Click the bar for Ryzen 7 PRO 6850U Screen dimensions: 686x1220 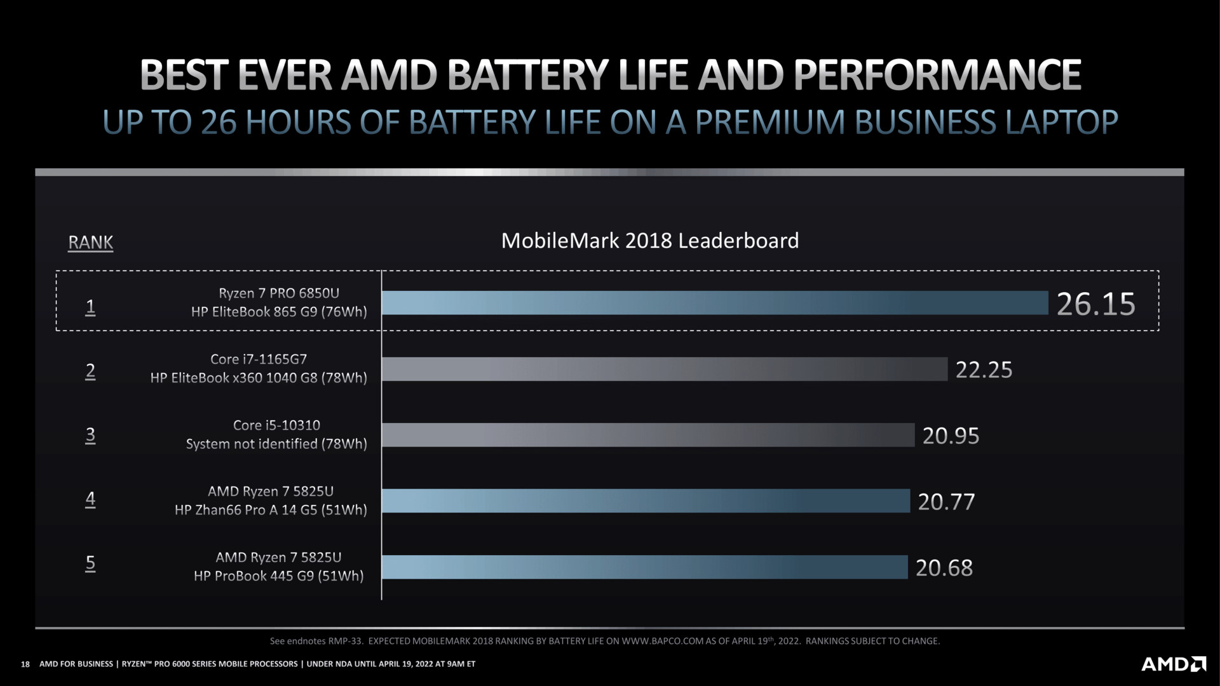[x=715, y=303]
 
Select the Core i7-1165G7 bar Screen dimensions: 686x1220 [x=665, y=369]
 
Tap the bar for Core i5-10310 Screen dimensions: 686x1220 [x=648, y=435]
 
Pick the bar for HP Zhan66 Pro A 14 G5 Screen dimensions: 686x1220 [x=646, y=501]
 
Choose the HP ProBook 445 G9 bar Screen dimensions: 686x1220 [x=644, y=567]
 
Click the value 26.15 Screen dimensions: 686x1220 [x=1095, y=304]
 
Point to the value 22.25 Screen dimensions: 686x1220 [x=984, y=370]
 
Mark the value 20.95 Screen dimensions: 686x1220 [x=951, y=436]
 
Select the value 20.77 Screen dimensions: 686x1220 [x=946, y=502]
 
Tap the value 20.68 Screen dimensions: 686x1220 [x=944, y=568]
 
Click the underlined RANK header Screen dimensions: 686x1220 [x=90, y=242]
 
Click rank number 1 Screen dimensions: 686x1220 [x=90, y=307]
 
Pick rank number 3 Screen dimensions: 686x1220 [x=90, y=435]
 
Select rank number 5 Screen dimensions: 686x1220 [x=90, y=563]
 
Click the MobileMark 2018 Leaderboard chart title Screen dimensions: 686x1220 [x=649, y=241]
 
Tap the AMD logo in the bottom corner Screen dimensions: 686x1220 [x=1174, y=664]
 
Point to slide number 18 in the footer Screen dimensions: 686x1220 [x=25, y=664]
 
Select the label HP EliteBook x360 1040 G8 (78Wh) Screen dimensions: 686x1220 [x=259, y=378]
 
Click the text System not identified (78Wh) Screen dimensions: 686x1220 [x=276, y=444]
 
